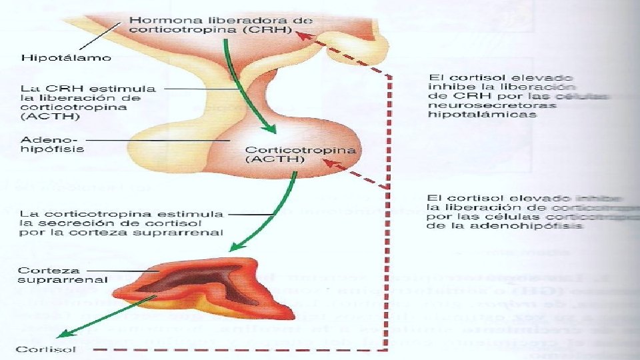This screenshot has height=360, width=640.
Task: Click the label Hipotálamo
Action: pos(66,57)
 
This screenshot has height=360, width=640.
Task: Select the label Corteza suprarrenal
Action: pos(62,275)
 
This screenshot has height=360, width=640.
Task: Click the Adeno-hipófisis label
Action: pos(53,145)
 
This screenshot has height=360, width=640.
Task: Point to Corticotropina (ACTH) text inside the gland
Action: pos(301,155)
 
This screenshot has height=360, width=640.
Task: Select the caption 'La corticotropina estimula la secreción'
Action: pos(121,223)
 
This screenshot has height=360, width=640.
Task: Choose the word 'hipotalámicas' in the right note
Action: pos(481,114)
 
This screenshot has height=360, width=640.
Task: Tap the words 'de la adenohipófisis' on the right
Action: pos(504,225)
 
